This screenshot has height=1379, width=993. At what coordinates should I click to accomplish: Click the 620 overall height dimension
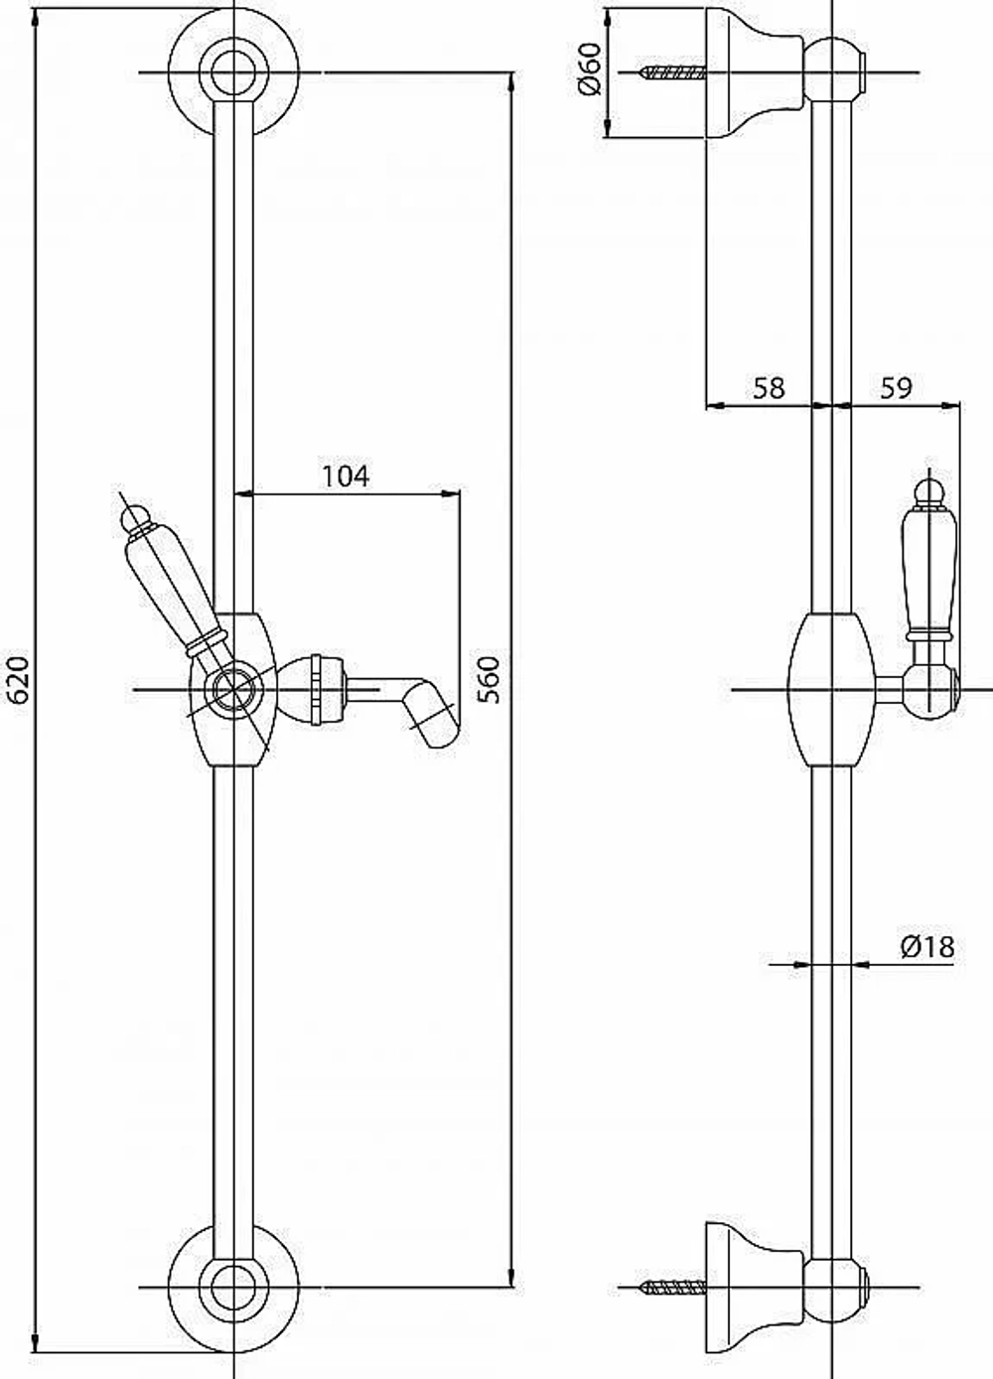pyautogui.click(x=20, y=680)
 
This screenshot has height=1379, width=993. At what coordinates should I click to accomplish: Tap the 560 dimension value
pyautogui.click(x=490, y=680)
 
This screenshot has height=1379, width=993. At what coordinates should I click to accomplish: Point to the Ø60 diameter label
pyautogui.click(x=589, y=69)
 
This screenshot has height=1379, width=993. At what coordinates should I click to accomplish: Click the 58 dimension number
pyautogui.click(x=769, y=388)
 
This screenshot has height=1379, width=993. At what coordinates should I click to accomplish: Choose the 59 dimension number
pyautogui.click(x=896, y=388)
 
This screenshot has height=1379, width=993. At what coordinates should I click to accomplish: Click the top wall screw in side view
pyautogui.click(x=673, y=73)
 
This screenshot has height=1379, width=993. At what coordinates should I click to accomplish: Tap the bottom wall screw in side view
pyautogui.click(x=673, y=1270)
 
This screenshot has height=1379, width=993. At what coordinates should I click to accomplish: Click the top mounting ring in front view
pyautogui.click(x=234, y=73)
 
